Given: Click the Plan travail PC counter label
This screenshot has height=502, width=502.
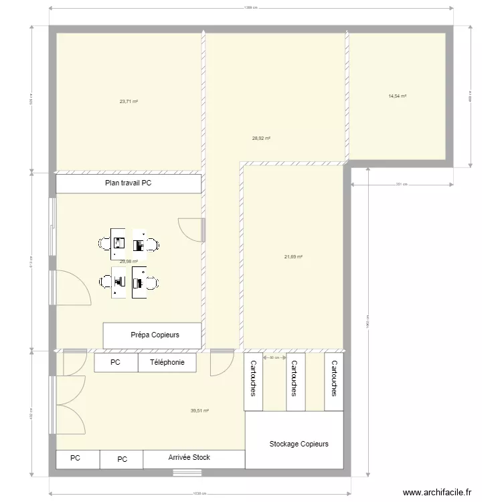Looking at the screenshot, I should (129, 183).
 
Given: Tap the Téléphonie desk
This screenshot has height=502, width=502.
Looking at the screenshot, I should (167, 363).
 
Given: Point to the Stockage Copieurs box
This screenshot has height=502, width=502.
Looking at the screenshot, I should (299, 444).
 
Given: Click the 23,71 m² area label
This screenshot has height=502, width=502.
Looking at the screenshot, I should (129, 102).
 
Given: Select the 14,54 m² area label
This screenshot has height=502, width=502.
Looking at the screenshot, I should (398, 96).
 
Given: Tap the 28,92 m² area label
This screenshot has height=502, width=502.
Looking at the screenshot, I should (261, 139).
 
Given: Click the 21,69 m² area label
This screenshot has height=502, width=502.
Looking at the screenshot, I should (294, 256).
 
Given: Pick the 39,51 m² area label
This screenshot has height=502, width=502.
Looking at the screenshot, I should (200, 411).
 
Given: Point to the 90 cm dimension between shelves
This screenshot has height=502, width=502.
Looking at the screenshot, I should (273, 357).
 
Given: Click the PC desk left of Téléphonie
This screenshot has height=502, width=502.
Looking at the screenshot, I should (116, 363).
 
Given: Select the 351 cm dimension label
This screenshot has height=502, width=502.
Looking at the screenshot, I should (401, 184).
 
